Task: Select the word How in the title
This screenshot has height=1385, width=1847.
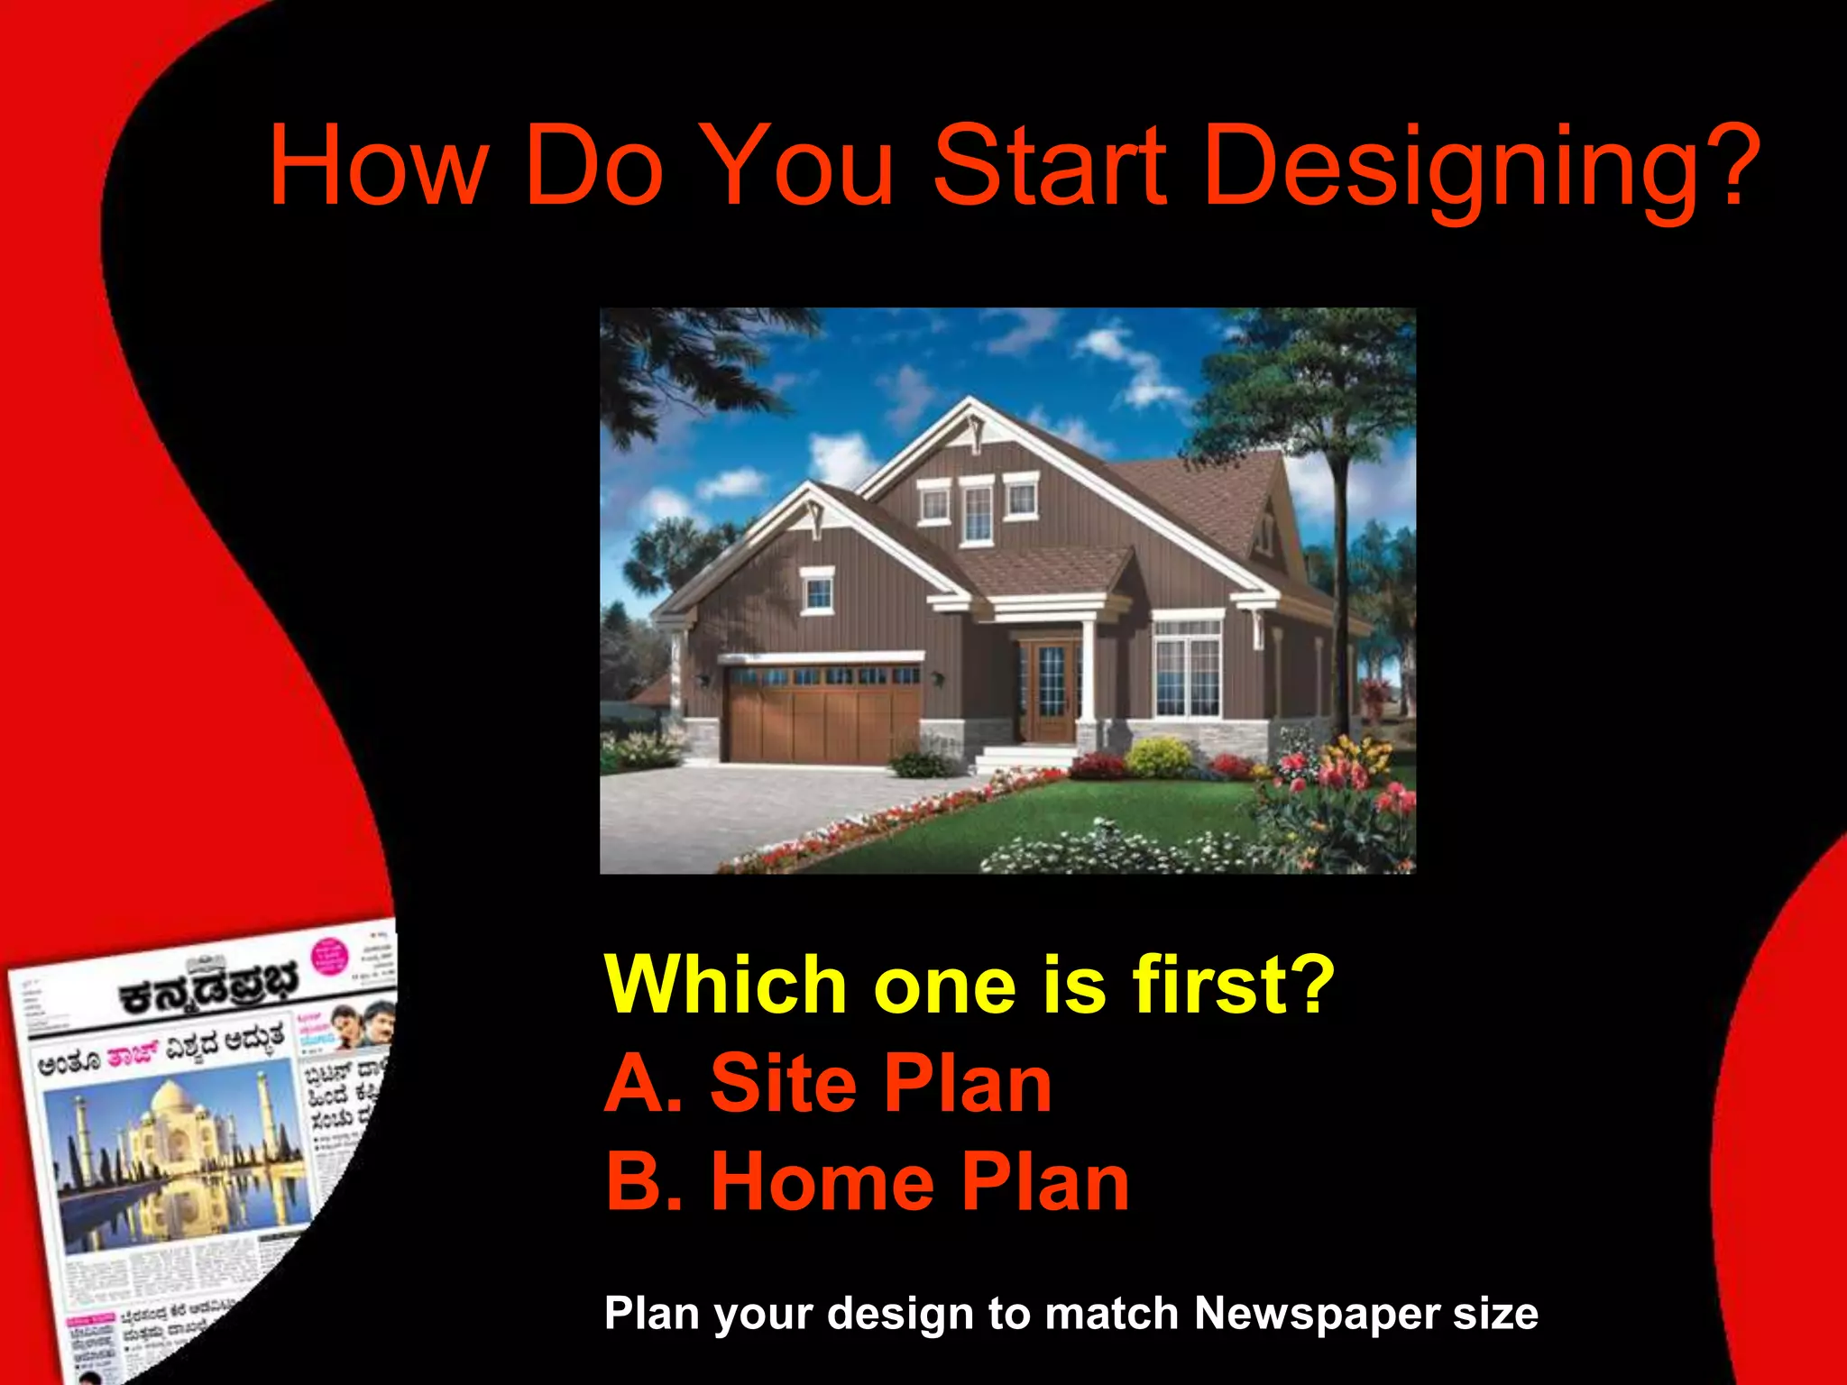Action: coord(379,167)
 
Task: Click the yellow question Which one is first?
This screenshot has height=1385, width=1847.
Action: coord(969,985)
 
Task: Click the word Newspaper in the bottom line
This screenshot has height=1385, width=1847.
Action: coord(1316,1313)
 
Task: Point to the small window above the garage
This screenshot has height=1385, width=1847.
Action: coord(817,591)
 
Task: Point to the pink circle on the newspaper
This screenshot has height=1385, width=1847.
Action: coord(328,957)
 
